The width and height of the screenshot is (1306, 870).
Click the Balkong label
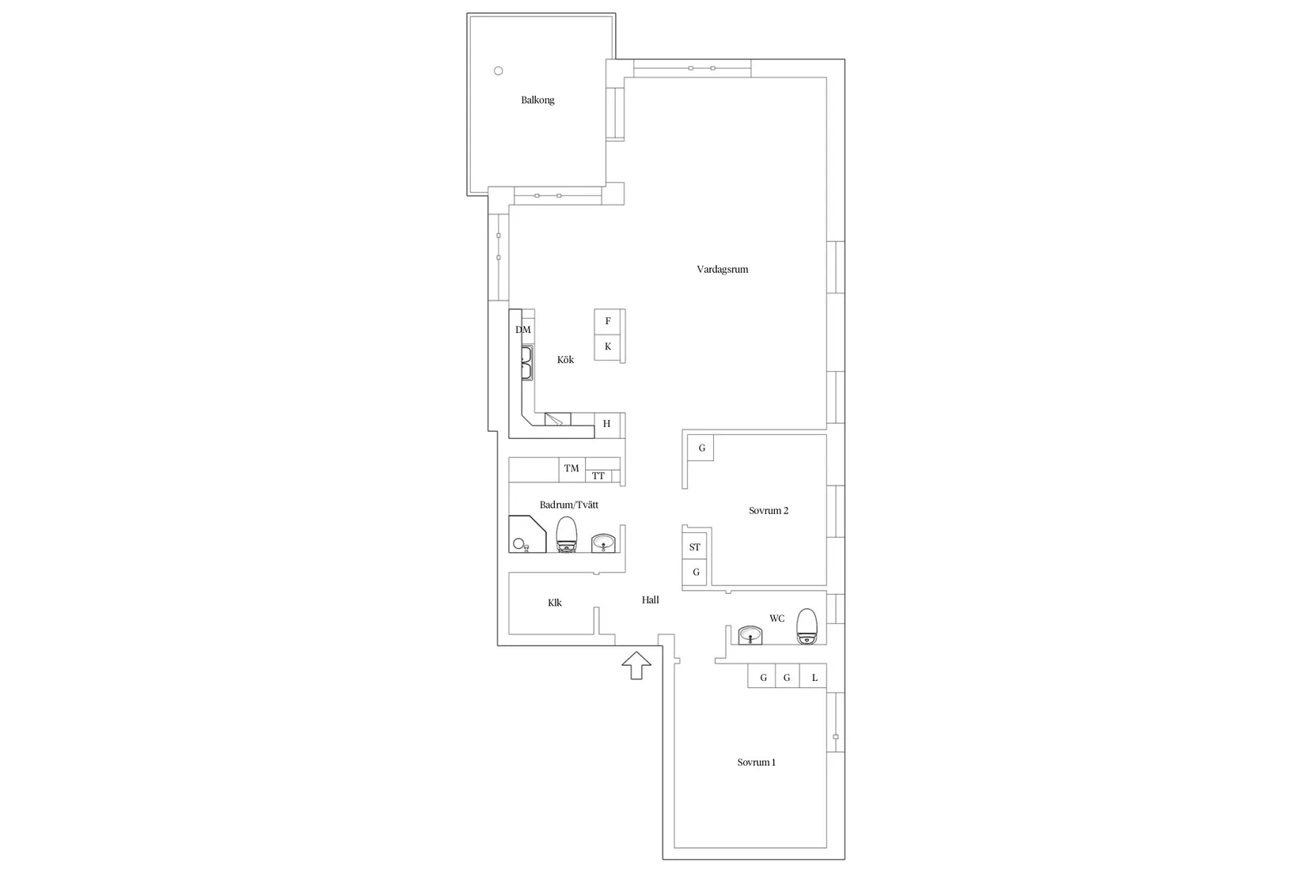click(537, 100)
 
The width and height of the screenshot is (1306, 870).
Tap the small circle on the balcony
click(499, 71)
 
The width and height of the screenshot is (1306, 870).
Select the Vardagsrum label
click(723, 269)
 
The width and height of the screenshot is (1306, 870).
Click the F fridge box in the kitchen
click(607, 322)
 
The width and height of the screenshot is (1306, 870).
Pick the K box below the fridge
click(607, 347)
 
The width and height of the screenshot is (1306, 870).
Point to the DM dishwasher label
click(523, 330)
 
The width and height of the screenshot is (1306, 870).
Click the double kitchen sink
click(527, 362)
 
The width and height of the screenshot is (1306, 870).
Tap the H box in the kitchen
click(607, 424)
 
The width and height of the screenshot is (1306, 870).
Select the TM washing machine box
click(571, 468)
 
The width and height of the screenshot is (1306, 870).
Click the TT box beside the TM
click(598, 475)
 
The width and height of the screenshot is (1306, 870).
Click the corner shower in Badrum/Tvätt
click(527, 534)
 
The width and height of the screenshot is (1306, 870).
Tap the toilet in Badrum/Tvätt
click(566, 535)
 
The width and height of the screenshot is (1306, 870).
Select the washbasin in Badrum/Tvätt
click(603, 543)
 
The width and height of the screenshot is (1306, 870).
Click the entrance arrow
click(636, 665)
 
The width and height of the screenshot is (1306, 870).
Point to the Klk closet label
click(555, 603)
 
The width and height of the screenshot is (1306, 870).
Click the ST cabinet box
click(694, 547)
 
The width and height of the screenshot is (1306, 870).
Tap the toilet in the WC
click(807, 626)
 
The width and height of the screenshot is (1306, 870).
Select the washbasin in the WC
click(750, 635)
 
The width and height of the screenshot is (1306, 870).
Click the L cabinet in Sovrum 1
click(814, 677)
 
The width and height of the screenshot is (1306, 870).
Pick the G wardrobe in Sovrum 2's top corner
click(700, 448)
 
